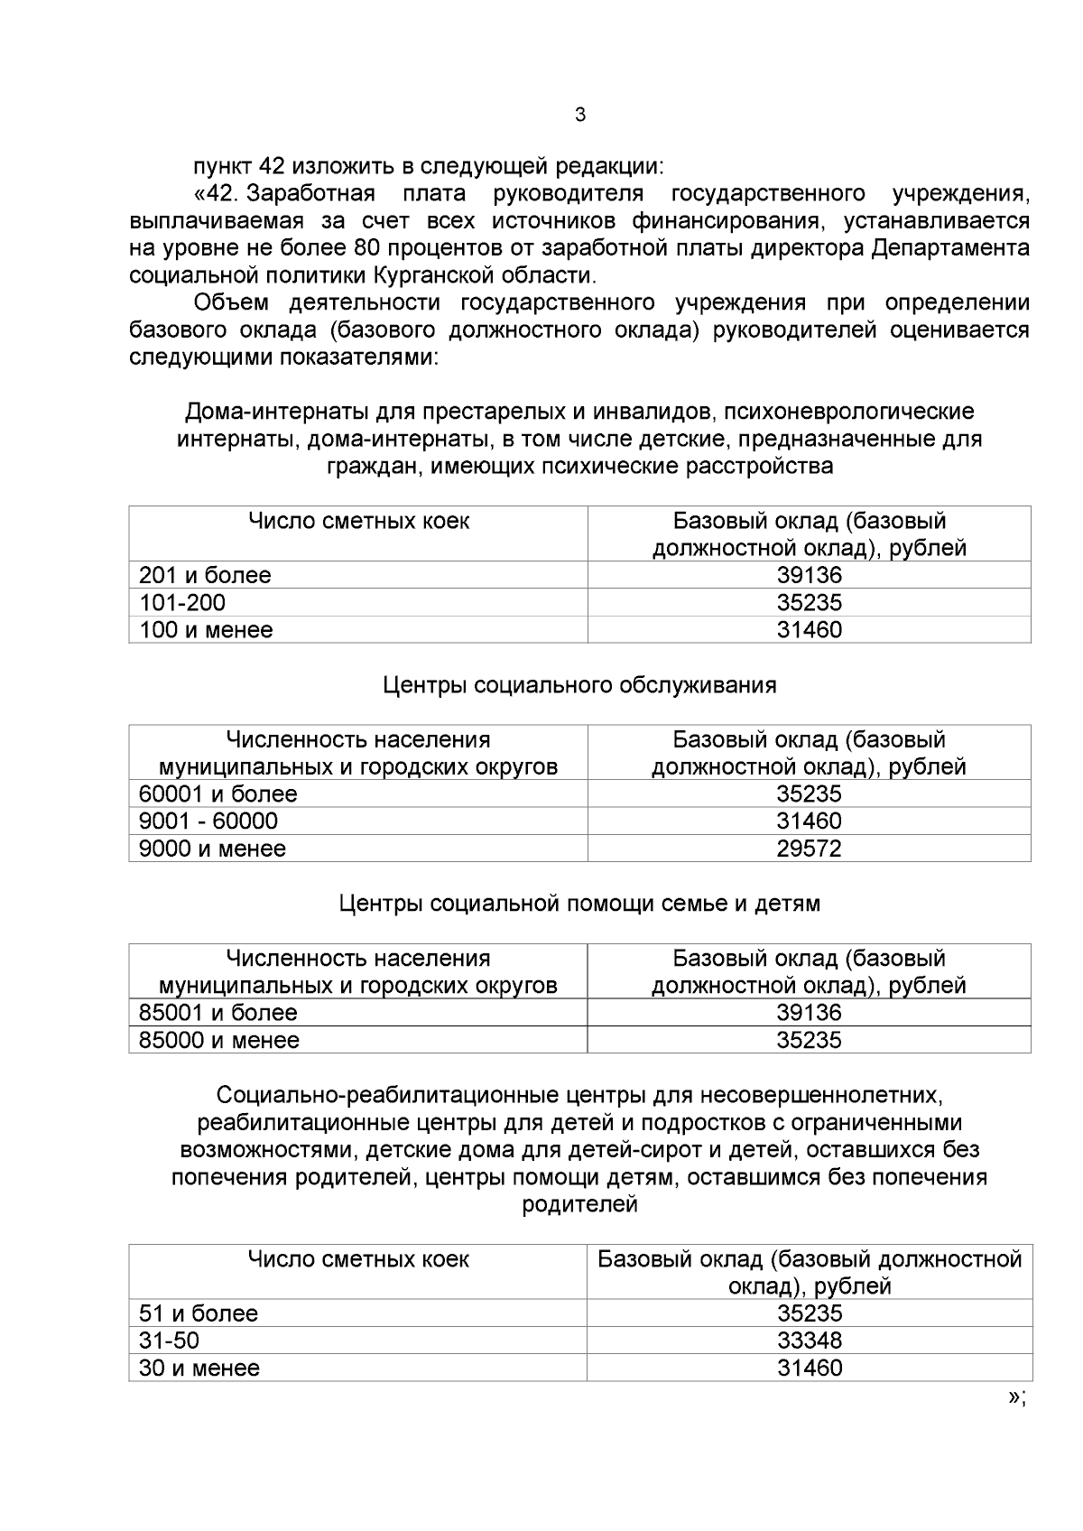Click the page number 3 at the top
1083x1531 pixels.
579,115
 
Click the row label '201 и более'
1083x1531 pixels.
205,575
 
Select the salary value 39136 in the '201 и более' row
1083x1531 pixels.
809,575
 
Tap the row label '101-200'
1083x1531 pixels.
182,602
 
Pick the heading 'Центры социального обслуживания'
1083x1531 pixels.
579,685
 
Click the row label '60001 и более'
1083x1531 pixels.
218,793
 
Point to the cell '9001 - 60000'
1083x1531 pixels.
208,821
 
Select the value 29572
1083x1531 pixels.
809,849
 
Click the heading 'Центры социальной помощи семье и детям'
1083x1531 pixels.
579,904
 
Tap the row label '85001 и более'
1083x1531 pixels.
218,1012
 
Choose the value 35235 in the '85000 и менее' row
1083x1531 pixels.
809,1040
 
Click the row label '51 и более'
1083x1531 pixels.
199,1313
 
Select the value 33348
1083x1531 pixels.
809,1341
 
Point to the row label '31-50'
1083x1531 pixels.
169,1341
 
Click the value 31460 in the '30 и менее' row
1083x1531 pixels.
809,1368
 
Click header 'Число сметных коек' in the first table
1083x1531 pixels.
358,521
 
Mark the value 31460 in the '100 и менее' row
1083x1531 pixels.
809,629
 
